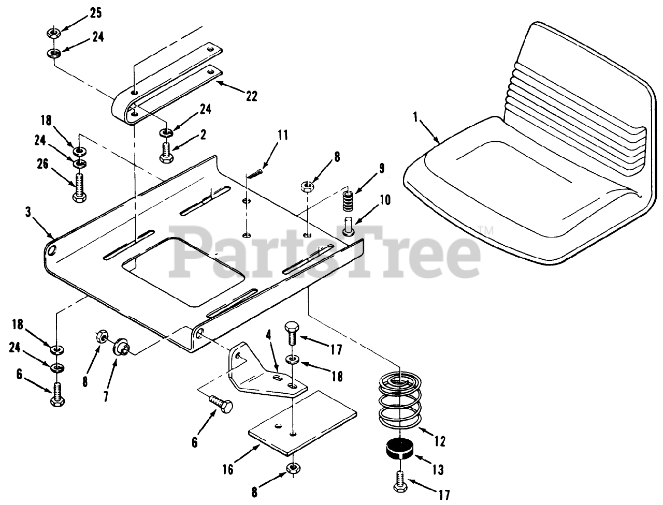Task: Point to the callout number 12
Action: tap(440, 441)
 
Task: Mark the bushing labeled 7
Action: tap(122, 345)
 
